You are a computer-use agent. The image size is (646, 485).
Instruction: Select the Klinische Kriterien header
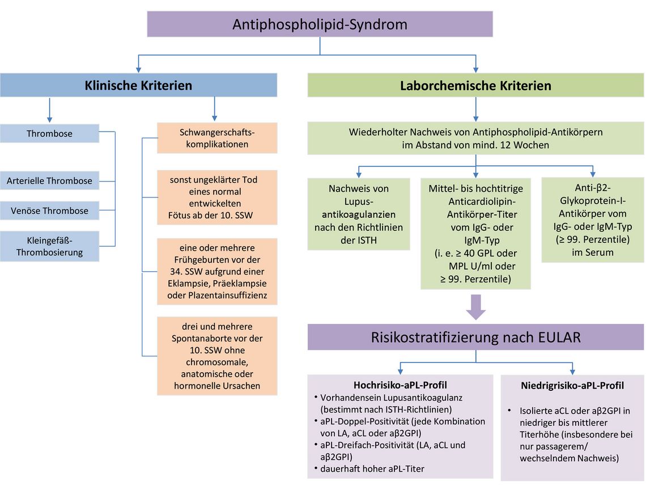pos(138,86)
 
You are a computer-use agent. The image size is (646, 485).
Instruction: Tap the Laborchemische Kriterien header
pos(475,86)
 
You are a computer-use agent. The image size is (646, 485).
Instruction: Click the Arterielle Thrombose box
pos(49,181)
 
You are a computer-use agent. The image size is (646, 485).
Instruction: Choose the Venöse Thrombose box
pos(49,210)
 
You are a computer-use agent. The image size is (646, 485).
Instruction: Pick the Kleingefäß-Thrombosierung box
pos(49,247)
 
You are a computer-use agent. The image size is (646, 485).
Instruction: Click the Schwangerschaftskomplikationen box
pos(217,138)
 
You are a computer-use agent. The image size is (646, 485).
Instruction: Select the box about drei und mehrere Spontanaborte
pos(217,356)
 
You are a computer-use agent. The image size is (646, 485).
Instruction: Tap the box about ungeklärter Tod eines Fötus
pos(217,197)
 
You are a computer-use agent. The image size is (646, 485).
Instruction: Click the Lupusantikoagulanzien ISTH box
pos(358,214)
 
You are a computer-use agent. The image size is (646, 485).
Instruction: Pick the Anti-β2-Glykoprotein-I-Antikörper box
pos(592,220)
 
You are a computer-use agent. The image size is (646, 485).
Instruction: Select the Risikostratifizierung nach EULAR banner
pos(475,337)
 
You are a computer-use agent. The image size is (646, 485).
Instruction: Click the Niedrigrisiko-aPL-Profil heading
pos(572,386)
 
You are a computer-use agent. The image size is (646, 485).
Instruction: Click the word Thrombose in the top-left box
pos(49,134)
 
